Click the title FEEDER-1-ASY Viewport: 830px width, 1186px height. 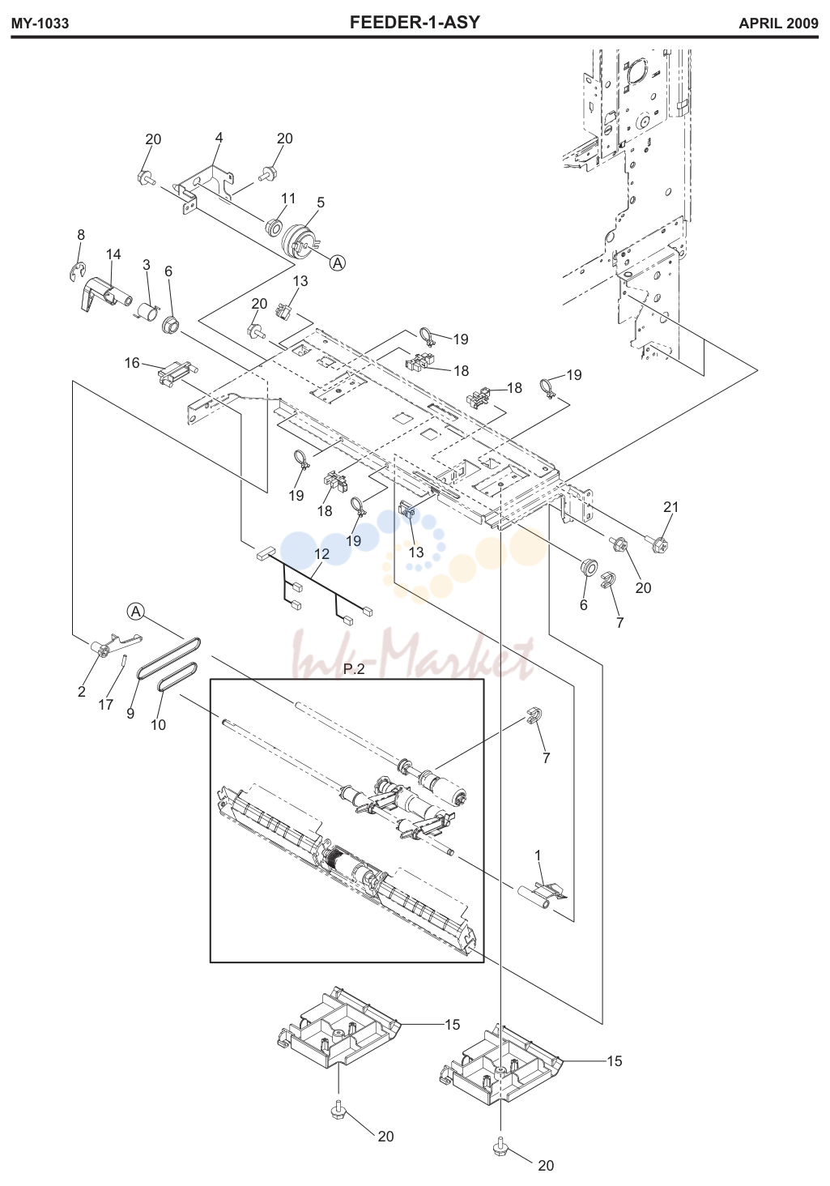click(415, 22)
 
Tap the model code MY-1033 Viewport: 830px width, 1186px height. click(40, 23)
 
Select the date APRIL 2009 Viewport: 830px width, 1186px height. click(778, 23)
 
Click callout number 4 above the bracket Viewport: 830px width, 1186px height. click(219, 138)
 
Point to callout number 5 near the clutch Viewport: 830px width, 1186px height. click(320, 203)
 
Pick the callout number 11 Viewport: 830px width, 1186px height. click(288, 198)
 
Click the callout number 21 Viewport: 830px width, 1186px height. click(670, 506)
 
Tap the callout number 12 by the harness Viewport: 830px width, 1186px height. click(321, 554)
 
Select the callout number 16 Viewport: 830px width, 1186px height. click(132, 363)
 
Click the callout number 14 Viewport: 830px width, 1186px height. click(113, 254)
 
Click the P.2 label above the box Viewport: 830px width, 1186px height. click(354, 669)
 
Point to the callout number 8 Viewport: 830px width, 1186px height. click(80, 235)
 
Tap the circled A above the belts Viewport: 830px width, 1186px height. click(136, 612)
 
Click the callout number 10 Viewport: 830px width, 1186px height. click(158, 725)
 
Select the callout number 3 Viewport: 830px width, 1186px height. click(147, 265)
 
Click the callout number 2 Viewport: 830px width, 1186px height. click(82, 692)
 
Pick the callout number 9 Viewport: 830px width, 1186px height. click(130, 713)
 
